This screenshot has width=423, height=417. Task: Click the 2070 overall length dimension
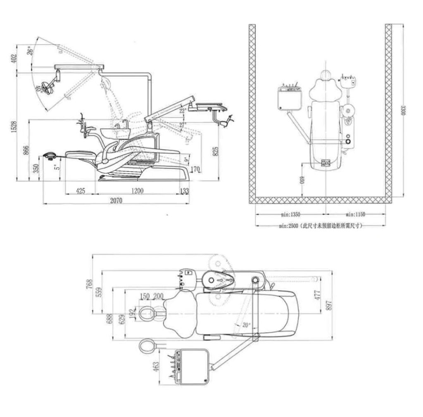click(116, 200)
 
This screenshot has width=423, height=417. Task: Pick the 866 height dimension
click(26, 150)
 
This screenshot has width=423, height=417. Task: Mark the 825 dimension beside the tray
click(214, 152)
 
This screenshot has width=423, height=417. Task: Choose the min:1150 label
click(355, 214)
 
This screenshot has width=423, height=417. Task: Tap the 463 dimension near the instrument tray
click(156, 367)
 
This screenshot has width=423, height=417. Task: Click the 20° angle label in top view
click(246, 325)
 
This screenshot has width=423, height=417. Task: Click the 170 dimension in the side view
click(195, 168)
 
